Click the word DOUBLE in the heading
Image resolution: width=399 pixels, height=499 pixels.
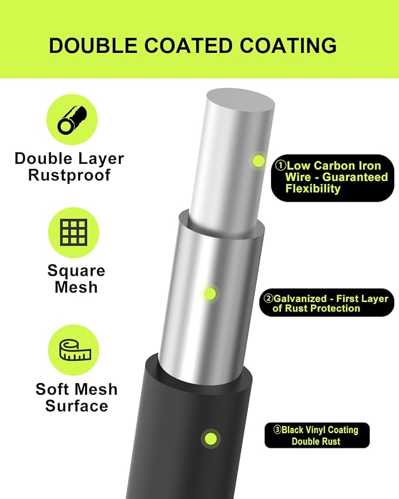point(93,45)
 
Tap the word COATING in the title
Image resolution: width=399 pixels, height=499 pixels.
point(288,45)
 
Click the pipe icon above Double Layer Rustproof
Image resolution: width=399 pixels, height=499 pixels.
point(72,120)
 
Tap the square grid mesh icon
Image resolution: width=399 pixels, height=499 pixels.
point(73,232)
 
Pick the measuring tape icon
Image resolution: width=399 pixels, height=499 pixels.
point(75,350)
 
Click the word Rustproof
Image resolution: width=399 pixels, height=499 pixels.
point(69,175)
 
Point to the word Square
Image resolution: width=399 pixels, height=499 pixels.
point(76,271)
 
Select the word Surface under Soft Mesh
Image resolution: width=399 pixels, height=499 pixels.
point(76,406)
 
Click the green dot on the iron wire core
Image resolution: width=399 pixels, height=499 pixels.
point(259,160)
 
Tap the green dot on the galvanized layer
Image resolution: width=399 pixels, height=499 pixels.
point(209,293)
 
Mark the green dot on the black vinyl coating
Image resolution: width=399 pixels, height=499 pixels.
point(210,439)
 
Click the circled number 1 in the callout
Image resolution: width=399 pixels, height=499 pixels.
point(280,166)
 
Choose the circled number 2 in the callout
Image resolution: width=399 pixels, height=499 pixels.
point(269,298)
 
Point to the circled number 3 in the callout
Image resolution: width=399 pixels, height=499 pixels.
point(277,430)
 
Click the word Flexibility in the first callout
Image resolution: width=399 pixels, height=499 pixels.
point(313,189)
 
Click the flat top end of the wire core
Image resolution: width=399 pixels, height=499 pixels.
point(240,104)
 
